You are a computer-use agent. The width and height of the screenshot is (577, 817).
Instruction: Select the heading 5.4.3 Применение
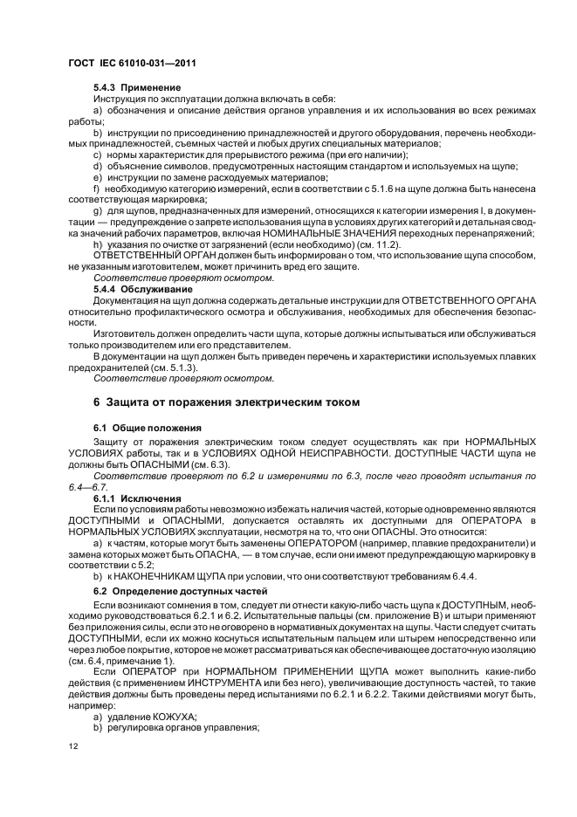point(137,88)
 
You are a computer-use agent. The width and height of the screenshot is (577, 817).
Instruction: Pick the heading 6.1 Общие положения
point(148,428)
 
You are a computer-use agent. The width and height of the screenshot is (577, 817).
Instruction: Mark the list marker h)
point(97,246)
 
